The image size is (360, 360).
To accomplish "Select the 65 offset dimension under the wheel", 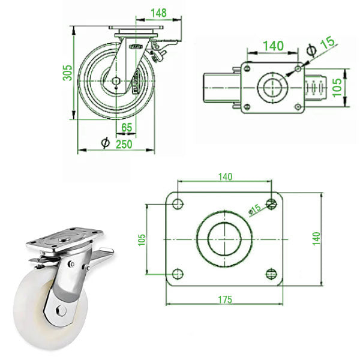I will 127,127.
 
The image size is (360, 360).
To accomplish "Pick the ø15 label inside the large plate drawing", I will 254,209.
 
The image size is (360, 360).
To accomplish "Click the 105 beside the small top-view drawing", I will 338,89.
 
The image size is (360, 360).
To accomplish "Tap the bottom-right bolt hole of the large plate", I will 271,275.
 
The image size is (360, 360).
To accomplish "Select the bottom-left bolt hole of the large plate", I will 176,275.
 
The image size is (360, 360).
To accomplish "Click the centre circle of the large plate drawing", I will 223,239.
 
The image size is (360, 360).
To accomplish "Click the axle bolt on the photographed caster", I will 61,310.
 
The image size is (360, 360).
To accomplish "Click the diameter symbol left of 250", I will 106,143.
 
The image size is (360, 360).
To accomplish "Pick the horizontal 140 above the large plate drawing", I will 224,176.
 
